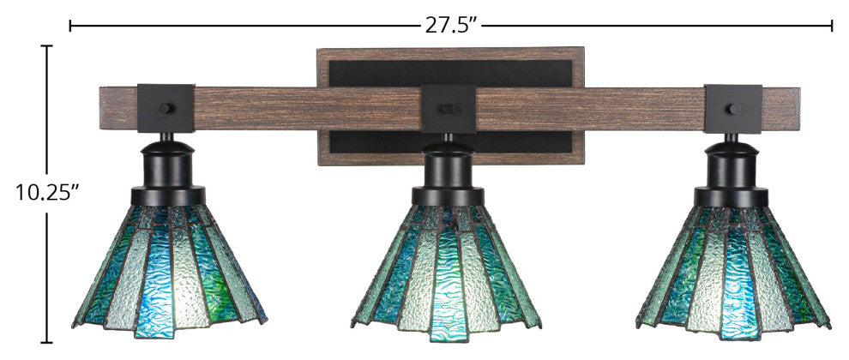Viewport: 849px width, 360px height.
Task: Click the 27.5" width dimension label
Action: tap(450, 25)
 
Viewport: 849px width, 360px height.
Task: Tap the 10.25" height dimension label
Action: tap(45, 192)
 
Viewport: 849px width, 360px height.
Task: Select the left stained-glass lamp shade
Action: tap(170, 271)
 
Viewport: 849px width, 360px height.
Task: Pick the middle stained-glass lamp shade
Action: tap(446, 273)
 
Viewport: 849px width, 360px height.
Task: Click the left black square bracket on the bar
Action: tap(166, 108)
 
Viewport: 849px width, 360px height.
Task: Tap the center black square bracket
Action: tap(449, 109)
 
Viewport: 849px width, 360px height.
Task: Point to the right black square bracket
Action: tap(733, 109)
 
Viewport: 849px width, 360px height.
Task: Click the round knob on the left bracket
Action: tap(166, 108)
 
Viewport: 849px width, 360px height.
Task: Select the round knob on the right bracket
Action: tap(734, 109)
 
